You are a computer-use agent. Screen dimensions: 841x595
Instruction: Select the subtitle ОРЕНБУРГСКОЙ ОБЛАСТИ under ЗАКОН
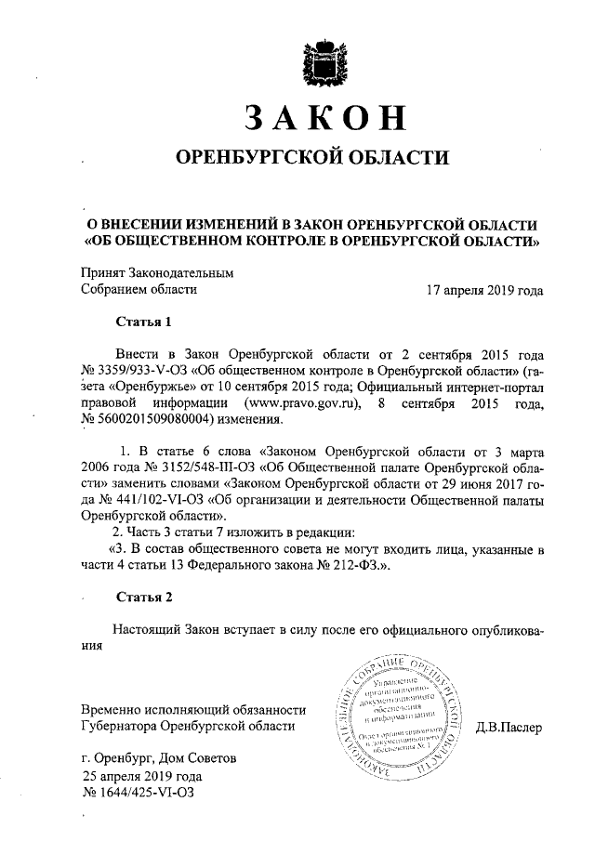312,159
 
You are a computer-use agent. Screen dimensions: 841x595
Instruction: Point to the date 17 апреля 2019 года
484,289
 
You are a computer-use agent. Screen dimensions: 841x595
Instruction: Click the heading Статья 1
143,323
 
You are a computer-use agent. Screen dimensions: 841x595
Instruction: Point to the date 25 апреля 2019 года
141,775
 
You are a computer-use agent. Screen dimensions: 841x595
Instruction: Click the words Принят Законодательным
156,273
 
